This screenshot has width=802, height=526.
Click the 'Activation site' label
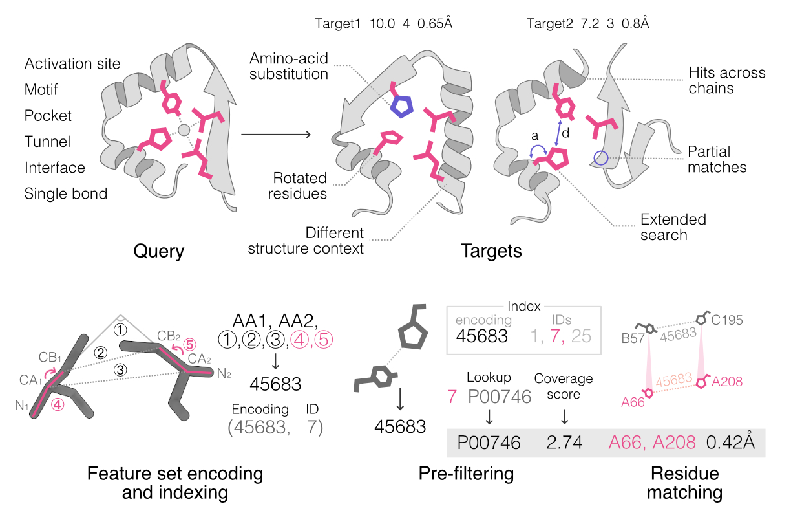tap(72, 64)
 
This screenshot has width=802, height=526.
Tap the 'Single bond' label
tap(66, 193)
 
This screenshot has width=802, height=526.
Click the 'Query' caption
tap(158, 251)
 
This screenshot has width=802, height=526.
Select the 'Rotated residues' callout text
tap(300, 185)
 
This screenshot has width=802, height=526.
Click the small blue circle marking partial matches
tap(601, 157)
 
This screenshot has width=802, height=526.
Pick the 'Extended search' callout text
tap(673, 226)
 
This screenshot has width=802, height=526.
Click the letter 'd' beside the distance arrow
tap(565, 134)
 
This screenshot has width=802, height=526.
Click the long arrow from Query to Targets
tap(275, 135)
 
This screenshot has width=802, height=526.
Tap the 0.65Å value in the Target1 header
tap(435, 24)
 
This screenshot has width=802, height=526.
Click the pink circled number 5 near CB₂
tap(190, 345)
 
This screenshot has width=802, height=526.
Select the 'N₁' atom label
tap(23, 406)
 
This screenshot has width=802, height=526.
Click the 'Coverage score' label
tap(564, 386)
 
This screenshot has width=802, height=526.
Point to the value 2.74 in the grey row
tap(564, 443)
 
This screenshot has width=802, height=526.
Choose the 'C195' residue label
tap(728, 320)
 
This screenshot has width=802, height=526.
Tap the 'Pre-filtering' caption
tap(465, 474)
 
